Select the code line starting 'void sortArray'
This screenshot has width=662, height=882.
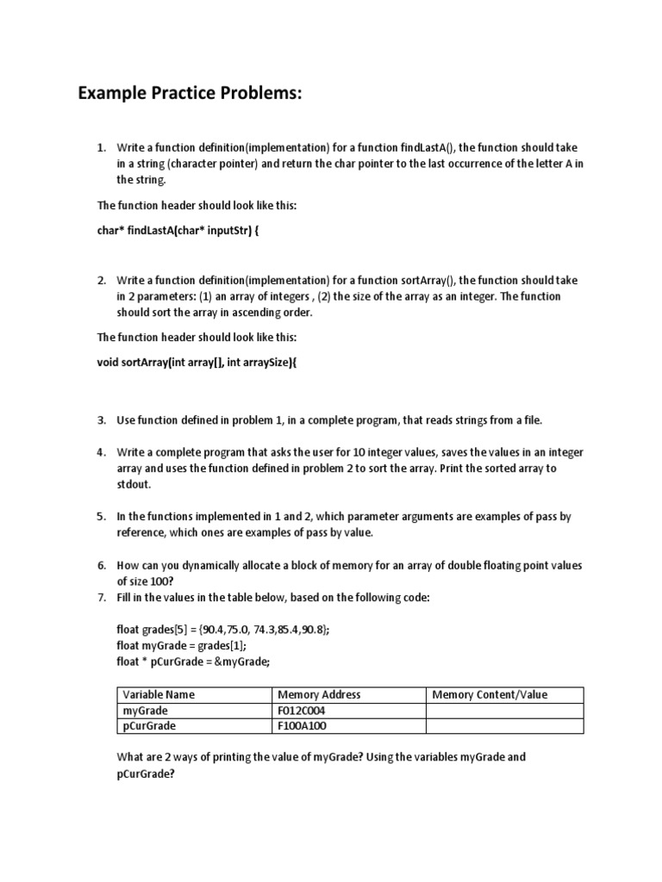pyautogui.click(x=197, y=363)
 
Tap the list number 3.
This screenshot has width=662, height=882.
pyautogui.click(x=101, y=419)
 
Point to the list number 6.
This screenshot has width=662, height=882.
pyautogui.click(x=101, y=566)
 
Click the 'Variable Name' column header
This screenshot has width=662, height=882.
pyautogui.click(x=159, y=695)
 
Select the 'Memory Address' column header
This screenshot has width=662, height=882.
pyautogui.click(x=319, y=695)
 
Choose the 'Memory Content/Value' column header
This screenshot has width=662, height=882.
pyautogui.click(x=490, y=695)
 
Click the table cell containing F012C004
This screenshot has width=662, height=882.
pyautogui.click(x=302, y=711)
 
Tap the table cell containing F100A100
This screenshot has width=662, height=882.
pyautogui.click(x=302, y=726)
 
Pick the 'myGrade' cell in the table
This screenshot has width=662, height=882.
pyautogui.click(x=146, y=711)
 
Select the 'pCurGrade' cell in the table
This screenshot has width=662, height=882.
pyautogui.click(x=150, y=726)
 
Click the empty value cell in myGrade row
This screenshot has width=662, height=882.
pyautogui.click(x=504, y=711)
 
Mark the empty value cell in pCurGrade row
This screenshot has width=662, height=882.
pyautogui.click(x=504, y=726)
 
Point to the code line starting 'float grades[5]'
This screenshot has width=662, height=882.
pyautogui.click(x=223, y=630)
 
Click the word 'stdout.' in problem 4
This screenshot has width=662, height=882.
pyautogui.click(x=134, y=485)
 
